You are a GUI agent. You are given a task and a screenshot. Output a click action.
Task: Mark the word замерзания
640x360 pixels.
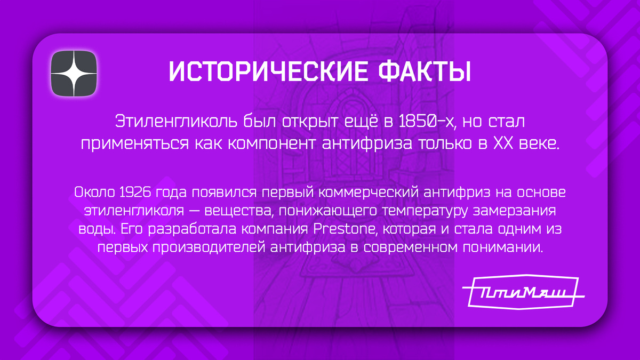pyautogui.click(x=523, y=210)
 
